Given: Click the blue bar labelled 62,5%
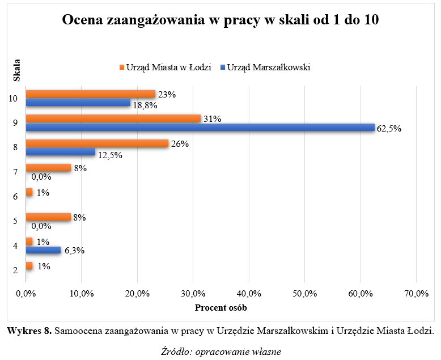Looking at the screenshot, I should tap(200, 128).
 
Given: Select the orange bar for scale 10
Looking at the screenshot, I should tap(90, 94).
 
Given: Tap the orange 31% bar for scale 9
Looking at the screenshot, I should tap(113, 118).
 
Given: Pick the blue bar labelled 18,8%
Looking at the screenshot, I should tap(78, 103).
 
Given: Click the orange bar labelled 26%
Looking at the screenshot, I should tap(97, 143).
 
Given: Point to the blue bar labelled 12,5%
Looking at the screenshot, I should tap(61, 152).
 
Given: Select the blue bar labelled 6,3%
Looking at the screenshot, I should tap(43, 250).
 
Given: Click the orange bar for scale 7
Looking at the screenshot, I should tap(48, 168).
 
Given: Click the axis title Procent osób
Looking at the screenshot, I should tap(221, 308).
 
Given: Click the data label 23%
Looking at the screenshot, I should tap(167, 95).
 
